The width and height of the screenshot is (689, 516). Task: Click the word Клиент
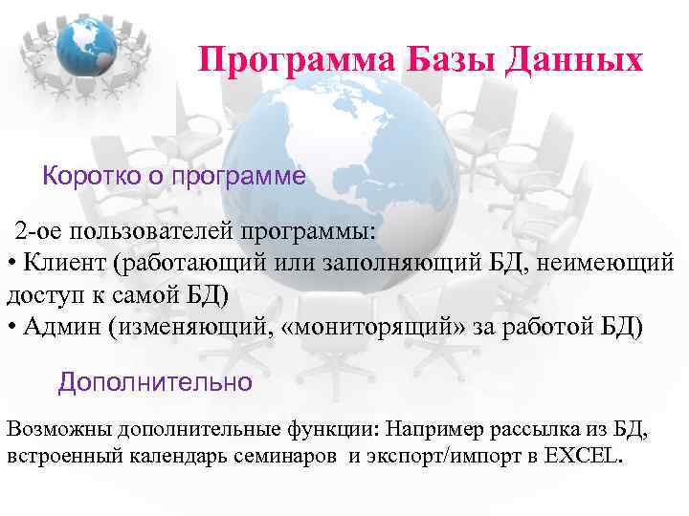point(58,261)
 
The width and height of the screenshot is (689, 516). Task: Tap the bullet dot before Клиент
point(11,262)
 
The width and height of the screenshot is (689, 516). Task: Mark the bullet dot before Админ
point(11,328)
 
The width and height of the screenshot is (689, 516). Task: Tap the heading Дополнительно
point(155,383)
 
